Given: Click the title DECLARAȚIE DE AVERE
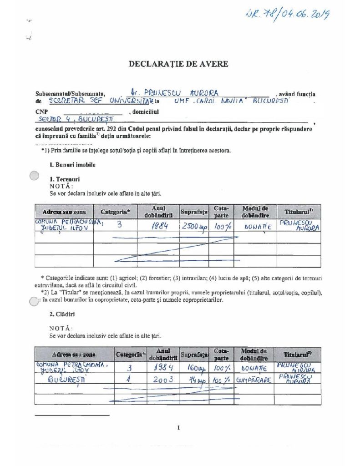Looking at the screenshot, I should pos(178,64).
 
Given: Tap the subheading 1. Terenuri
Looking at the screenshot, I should pos(65,179).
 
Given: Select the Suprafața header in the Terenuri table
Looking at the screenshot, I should pos(194,212).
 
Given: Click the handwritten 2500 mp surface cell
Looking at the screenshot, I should pos(194,226).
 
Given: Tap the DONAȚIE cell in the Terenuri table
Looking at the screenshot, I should pos(258,226).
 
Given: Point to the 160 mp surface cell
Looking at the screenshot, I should pos(194,368).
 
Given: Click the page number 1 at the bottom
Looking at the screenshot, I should pos(179,427).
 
